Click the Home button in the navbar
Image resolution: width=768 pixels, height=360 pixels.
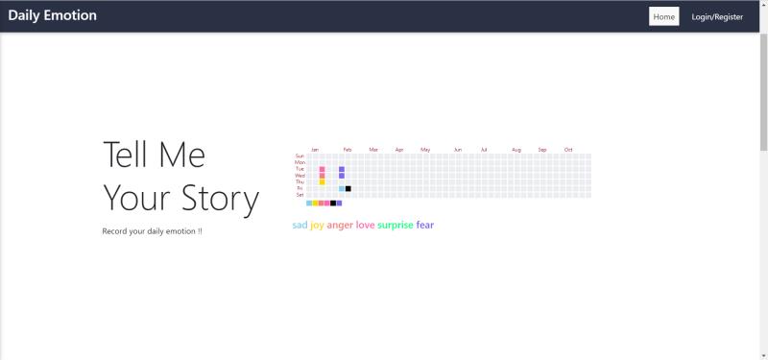point(664,16)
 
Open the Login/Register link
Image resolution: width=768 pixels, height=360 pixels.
point(717,16)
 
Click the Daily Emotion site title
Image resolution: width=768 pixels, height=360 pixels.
point(52,15)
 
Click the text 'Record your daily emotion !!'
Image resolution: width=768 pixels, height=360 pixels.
point(153,231)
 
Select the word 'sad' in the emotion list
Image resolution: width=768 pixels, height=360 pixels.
point(300,226)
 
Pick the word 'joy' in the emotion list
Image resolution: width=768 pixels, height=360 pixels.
point(317,226)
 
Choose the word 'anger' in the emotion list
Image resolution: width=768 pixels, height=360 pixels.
point(340,226)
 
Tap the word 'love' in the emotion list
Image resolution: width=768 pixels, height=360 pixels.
point(365,226)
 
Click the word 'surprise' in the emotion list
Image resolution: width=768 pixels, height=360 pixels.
point(396,226)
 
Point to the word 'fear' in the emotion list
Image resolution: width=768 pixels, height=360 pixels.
point(425,226)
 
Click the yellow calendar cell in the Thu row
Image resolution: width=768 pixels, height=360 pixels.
point(323,182)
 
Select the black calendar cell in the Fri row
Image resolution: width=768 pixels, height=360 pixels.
point(348,188)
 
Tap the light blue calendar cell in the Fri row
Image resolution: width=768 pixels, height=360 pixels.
point(342,188)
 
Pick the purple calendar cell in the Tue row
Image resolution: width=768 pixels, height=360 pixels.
point(342,169)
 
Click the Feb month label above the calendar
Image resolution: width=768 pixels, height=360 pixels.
point(348,150)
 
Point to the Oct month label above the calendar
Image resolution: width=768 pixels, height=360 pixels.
point(568,150)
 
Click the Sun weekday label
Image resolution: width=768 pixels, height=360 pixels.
point(300,156)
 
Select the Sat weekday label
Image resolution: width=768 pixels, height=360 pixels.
point(300,195)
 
